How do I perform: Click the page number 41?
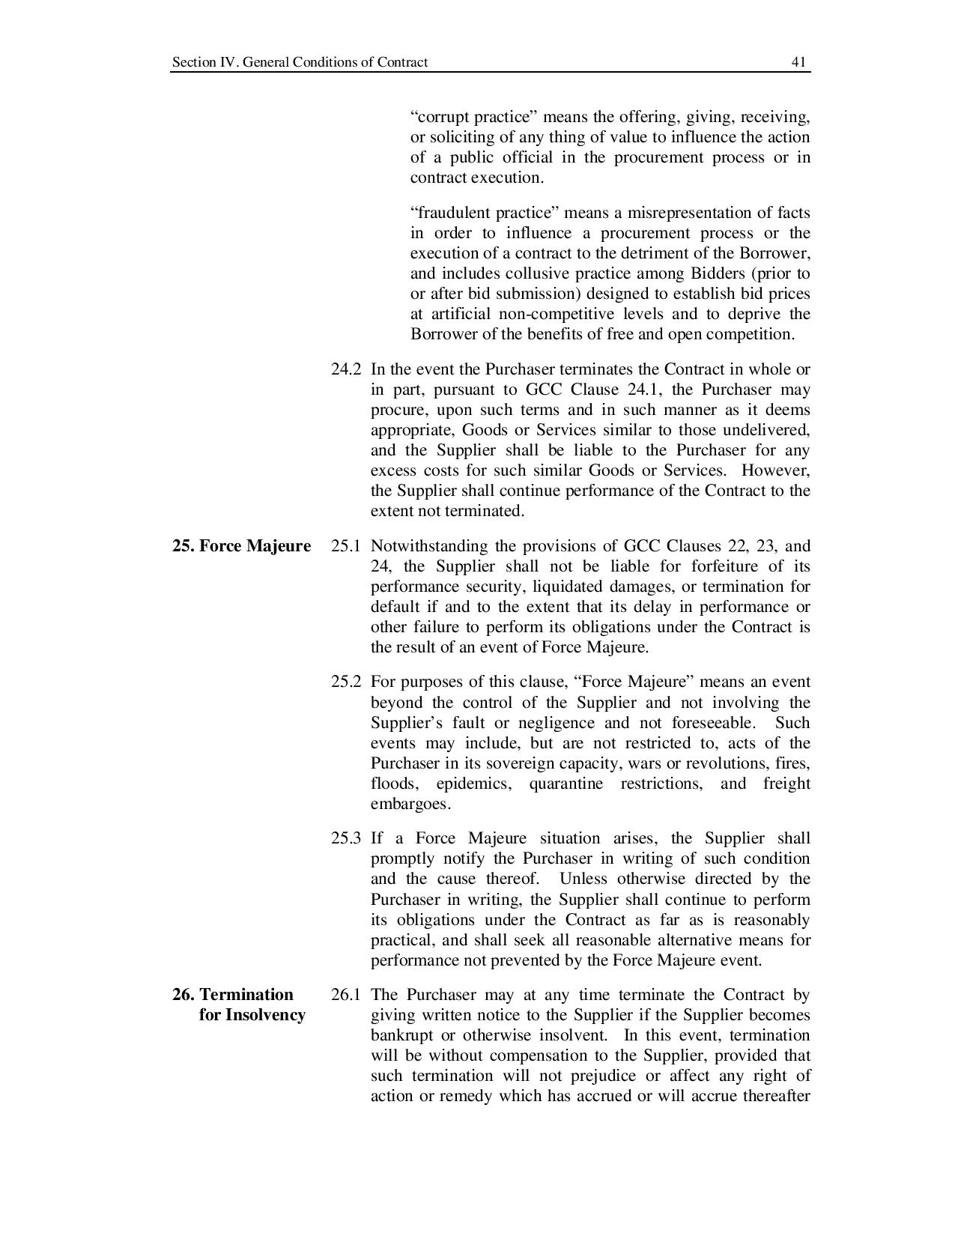point(798,62)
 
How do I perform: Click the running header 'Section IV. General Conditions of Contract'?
point(300,62)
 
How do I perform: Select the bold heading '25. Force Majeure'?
point(241,546)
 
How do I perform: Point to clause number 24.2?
point(346,369)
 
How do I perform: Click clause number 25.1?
point(346,546)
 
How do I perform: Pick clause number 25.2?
point(346,682)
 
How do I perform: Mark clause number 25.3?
point(346,838)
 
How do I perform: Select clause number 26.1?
point(346,995)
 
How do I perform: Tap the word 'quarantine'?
point(566,784)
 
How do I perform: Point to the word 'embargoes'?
point(410,804)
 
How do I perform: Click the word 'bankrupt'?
point(402,1035)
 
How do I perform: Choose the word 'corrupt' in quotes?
point(439,117)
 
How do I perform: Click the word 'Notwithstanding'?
point(429,546)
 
